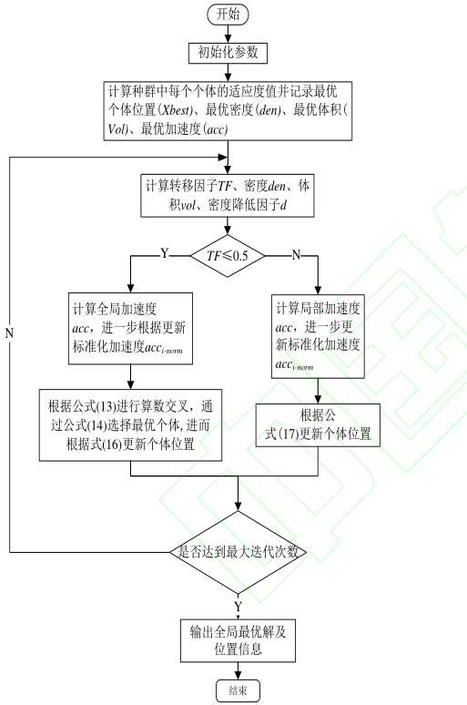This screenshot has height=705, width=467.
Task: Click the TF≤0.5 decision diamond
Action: tap(228, 255)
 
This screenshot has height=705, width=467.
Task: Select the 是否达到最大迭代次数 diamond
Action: tap(239, 552)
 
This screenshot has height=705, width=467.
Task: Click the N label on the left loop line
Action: tap(9, 332)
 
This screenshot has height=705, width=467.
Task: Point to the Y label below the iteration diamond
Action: tap(239, 606)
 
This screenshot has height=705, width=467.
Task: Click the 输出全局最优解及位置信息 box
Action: tap(238, 640)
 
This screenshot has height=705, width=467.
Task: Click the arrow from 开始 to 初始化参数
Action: tap(228, 33)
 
